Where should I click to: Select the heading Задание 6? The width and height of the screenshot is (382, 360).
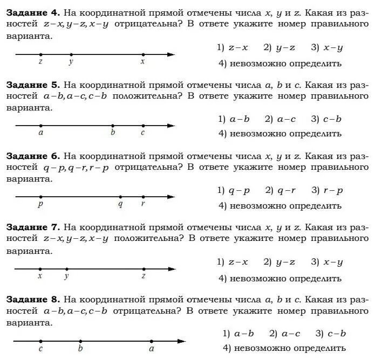[x=32, y=156]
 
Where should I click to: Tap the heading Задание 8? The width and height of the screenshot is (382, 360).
[x=32, y=299]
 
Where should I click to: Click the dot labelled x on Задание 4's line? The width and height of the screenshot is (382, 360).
[x=143, y=54]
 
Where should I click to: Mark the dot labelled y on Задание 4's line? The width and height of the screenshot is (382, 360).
[x=71, y=54]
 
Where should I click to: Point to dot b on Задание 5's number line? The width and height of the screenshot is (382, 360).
[x=113, y=126]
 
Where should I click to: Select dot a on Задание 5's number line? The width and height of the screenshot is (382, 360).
[x=41, y=126]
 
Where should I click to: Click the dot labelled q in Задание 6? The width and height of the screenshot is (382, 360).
[x=120, y=197]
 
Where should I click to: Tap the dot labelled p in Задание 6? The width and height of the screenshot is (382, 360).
[x=40, y=197]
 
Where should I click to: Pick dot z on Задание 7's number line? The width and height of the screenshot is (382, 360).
[x=144, y=268]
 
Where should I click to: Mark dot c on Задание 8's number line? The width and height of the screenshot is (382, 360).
[x=40, y=341]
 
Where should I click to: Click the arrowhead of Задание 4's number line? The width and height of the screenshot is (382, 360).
[x=171, y=54]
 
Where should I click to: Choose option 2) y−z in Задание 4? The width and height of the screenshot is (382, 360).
[x=279, y=47]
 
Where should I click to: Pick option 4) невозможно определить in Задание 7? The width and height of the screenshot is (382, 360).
[x=280, y=278]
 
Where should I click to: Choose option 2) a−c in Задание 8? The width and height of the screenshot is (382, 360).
[x=285, y=334]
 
